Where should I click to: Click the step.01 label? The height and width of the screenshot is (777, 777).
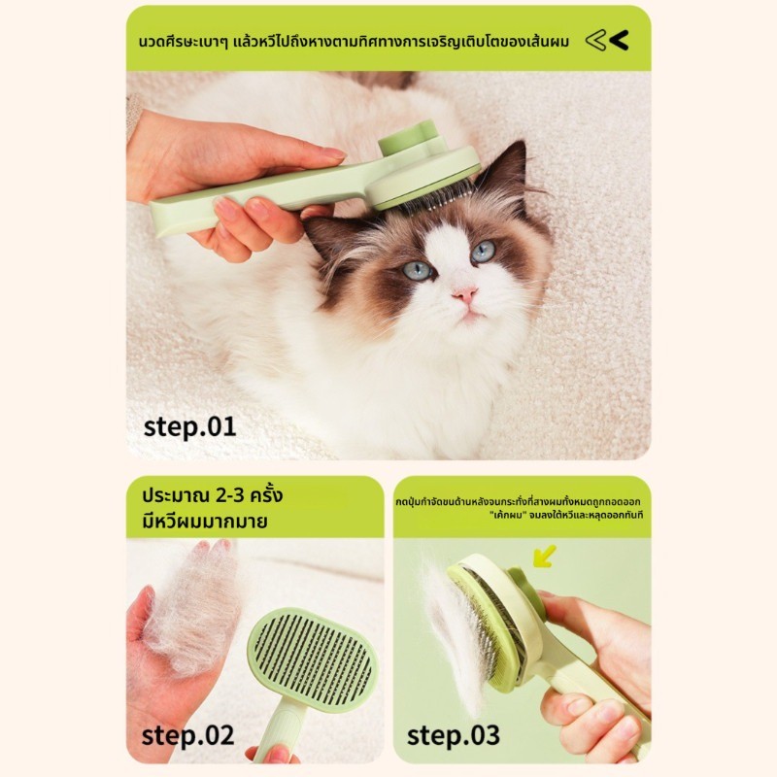click(x=189, y=427)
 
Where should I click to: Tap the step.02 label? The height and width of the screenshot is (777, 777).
click(x=187, y=736)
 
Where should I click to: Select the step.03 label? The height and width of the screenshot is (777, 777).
click(x=453, y=736)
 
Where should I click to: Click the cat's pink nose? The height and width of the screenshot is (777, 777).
click(x=465, y=295)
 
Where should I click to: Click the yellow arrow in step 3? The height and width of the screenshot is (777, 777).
click(x=545, y=556)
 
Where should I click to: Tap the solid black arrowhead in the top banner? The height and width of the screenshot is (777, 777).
click(x=619, y=41)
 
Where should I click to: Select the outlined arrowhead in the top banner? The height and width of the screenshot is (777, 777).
click(x=595, y=41)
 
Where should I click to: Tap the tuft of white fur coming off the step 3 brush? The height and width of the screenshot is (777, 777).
click(x=454, y=634)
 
